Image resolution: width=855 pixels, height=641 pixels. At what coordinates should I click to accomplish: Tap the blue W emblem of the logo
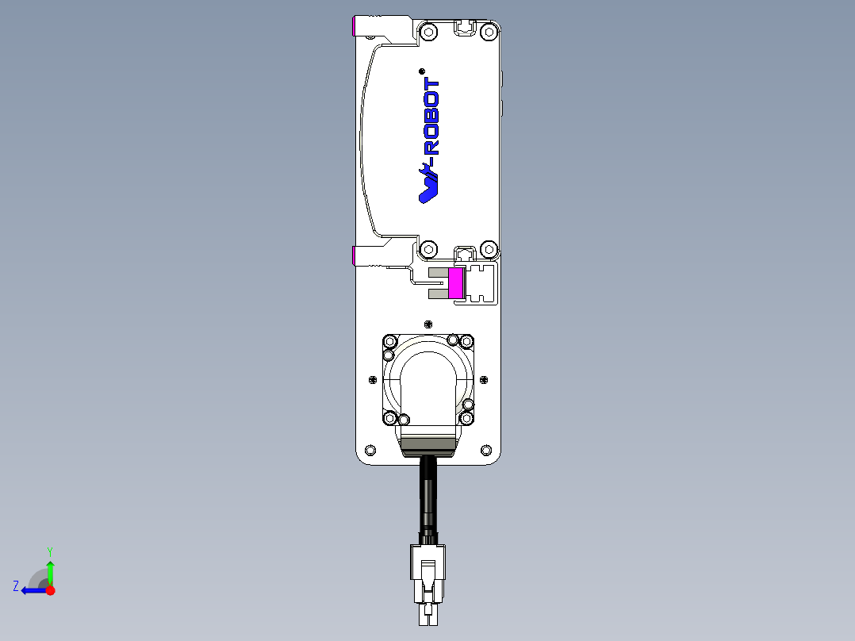click(x=429, y=185)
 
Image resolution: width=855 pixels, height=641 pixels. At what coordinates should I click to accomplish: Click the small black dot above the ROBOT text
click(x=421, y=71)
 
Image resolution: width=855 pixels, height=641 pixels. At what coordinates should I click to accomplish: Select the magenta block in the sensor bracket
click(x=456, y=283)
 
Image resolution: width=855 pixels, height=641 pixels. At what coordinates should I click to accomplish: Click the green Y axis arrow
click(x=50, y=570)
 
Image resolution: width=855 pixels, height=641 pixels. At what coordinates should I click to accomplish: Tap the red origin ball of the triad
click(x=50, y=590)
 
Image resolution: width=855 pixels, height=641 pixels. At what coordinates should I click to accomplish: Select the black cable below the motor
click(x=428, y=496)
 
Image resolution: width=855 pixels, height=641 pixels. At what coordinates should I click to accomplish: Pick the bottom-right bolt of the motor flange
click(x=467, y=417)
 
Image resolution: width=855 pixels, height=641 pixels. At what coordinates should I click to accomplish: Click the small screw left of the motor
click(x=372, y=379)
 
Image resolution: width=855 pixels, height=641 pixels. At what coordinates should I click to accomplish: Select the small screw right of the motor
click(x=484, y=379)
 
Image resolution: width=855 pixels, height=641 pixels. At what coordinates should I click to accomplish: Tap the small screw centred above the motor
click(x=428, y=324)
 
